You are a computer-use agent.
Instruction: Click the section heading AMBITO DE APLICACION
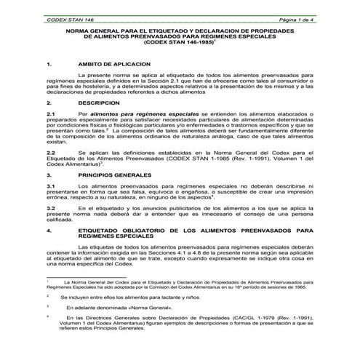pyautogui.click(x=114, y=63)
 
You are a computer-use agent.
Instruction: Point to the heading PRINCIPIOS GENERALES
pyautogui.click(x=116, y=175)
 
